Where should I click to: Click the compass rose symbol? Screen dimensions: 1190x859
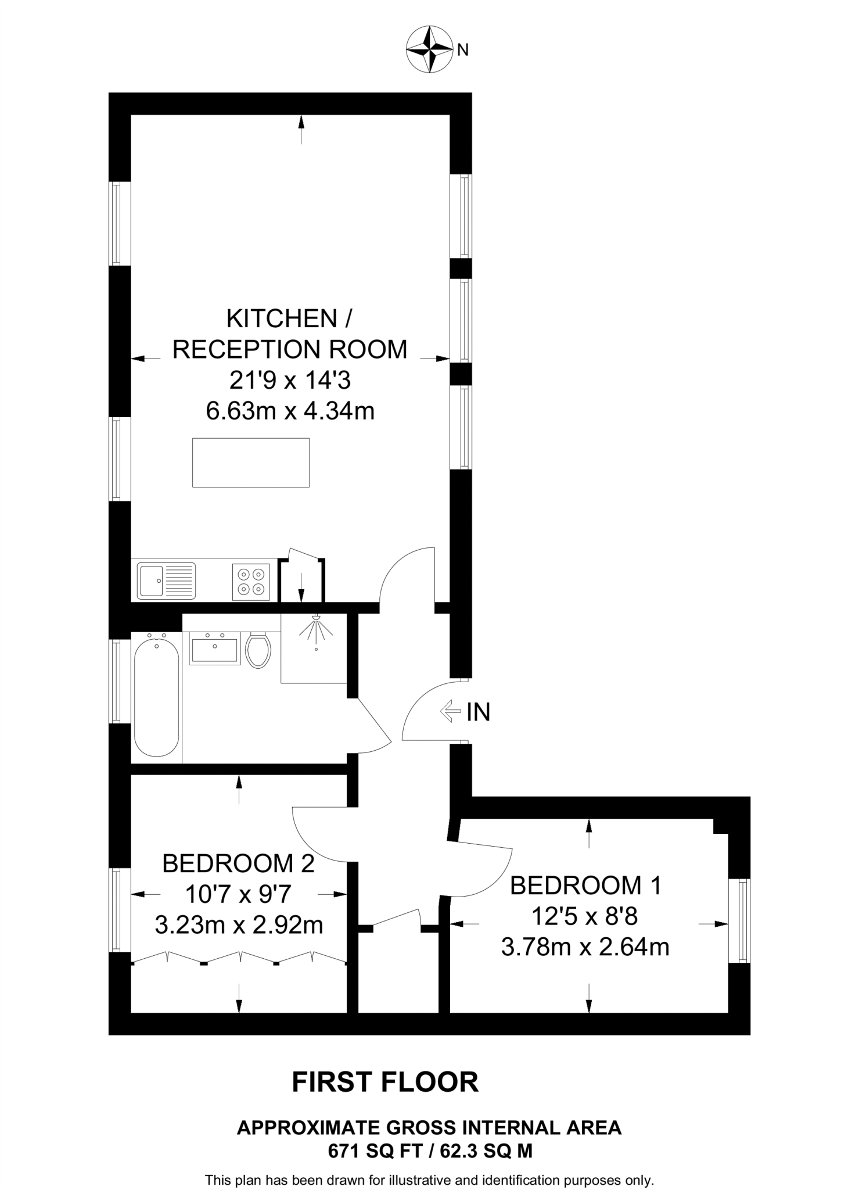click(x=429, y=49)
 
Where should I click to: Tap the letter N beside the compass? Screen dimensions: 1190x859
click(x=463, y=51)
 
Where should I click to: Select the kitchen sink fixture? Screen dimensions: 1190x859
click(x=166, y=580)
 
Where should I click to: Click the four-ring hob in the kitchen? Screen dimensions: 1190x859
click(x=251, y=581)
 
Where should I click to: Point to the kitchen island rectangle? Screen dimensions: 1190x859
click(x=251, y=463)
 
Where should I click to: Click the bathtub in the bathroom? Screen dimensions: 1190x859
click(x=156, y=697)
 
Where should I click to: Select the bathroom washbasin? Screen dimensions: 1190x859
click(x=214, y=648)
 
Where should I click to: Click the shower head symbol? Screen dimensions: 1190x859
click(x=316, y=628)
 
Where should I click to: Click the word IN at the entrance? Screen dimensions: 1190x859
click(x=479, y=712)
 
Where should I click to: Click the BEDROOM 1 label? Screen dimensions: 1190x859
click(x=585, y=886)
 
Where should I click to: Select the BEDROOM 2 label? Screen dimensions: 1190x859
click(x=238, y=863)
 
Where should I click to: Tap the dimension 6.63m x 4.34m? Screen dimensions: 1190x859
click(x=290, y=411)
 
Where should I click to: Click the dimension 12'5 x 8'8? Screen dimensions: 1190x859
click(x=584, y=916)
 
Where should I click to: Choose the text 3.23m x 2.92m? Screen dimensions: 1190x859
click(x=239, y=925)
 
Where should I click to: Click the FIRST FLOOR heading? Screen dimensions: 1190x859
click(x=385, y=1082)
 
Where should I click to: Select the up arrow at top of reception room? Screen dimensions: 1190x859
click(x=301, y=129)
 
